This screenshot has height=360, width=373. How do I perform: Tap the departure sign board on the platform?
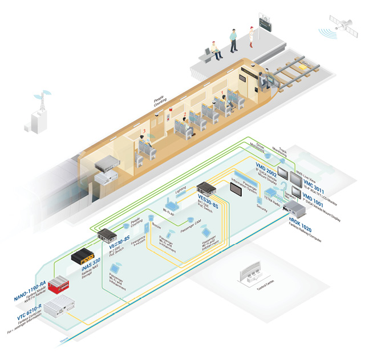coord(265,23)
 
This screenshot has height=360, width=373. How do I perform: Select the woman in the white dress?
coord(249,39)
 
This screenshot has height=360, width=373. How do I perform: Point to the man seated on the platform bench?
coord(214,49)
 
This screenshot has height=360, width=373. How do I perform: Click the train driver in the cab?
coord(263,80)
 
